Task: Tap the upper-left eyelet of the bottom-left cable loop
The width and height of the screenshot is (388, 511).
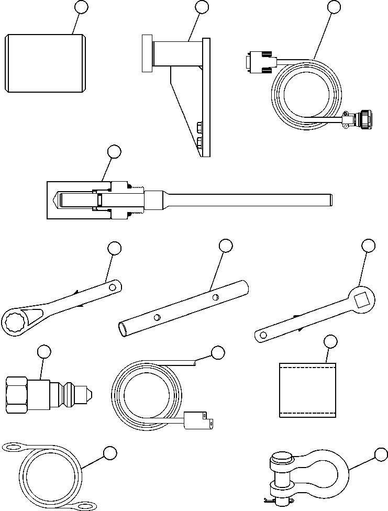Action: tap(13, 447)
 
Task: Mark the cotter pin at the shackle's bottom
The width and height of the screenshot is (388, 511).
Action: tap(271, 500)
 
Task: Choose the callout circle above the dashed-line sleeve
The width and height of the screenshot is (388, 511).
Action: tap(330, 342)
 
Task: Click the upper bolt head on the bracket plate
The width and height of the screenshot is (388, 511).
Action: tap(199, 126)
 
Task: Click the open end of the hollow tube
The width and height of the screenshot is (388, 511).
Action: tap(123, 329)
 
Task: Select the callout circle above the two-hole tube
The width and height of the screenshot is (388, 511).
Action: tap(226, 246)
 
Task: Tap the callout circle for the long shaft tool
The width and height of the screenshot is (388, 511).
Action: tap(114, 152)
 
